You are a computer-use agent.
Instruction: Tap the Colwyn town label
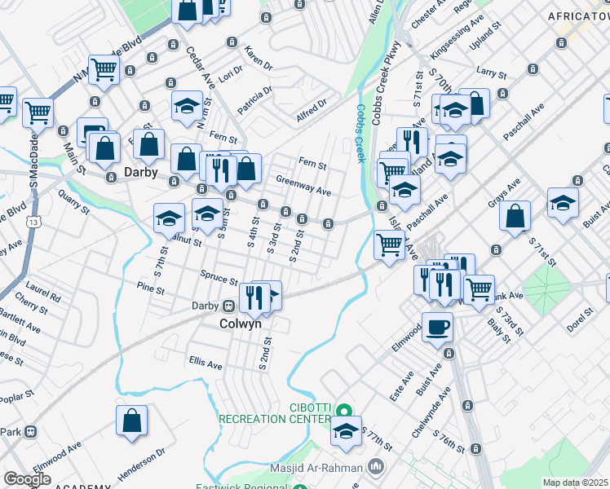click(x=240, y=323)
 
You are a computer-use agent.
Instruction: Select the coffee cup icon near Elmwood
click(x=438, y=327)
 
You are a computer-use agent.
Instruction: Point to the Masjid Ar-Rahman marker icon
click(x=376, y=467)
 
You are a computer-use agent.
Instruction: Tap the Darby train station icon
click(x=230, y=306)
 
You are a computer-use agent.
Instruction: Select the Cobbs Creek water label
click(x=360, y=132)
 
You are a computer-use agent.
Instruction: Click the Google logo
click(x=27, y=479)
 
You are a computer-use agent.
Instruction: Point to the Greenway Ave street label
click(x=303, y=186)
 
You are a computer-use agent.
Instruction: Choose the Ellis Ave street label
click(x=206, y=362)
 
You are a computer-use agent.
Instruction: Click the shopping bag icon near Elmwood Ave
click(x=131, y=421)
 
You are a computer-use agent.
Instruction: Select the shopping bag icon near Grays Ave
click(x=515, y=216)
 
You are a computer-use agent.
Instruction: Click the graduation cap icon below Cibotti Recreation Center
click(x=346, y=432)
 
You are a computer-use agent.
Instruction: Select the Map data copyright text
click(x=574, y=482)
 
